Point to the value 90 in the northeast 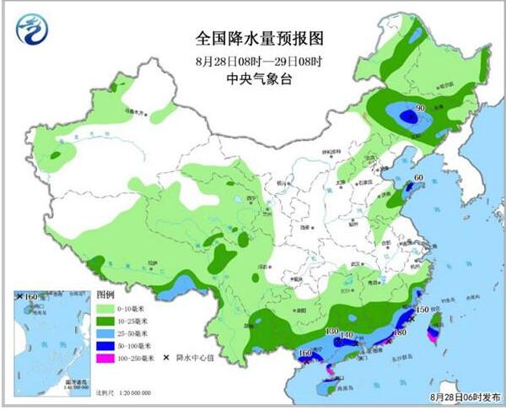(417, 108)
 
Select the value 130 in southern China (331, 332)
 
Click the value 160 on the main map (305, 352)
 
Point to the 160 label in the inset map (32, 297)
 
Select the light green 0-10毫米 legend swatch (106, 309)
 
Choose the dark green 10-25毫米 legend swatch (106, 322)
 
